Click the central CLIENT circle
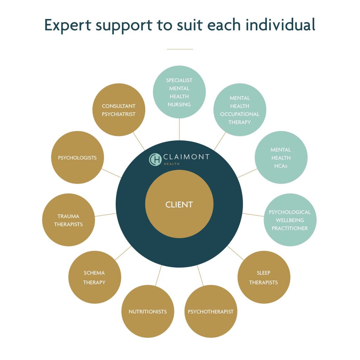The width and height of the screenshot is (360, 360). tap(179, 204)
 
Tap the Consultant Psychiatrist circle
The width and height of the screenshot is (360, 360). tap(119, 110)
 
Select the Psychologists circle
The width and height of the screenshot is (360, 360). tap(77, 157)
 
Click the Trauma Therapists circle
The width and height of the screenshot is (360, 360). tap(69, 220)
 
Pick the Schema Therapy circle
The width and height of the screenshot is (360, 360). tap(95, 277)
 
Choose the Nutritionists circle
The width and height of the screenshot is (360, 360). tap(148, 311)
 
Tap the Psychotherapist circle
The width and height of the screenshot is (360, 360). tap(211, 311)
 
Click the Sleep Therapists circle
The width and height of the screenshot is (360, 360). tap(264, 277)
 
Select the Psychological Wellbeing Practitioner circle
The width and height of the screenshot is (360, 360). tap(290, 220)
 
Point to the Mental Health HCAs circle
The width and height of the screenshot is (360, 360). tap(281, 157)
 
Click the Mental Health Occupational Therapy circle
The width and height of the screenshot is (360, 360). tap(240, 110)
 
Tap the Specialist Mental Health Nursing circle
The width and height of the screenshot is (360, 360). tap(179, 92)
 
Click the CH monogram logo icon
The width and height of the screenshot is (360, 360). tap(155, 159)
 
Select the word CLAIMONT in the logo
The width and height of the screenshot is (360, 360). tap(186, 157)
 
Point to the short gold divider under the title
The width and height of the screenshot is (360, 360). tap(180, 49)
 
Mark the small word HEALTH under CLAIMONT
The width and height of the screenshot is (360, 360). tap(173, 164)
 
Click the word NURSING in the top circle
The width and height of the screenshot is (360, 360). tap(179, 104)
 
